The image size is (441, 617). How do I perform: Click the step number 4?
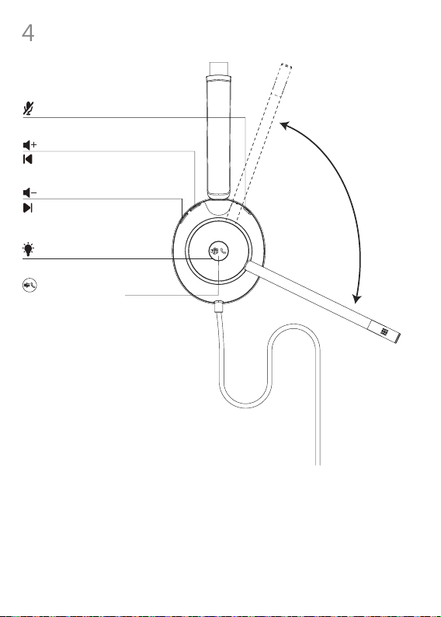[x=28, y=33]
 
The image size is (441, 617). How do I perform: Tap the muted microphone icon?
[x=29, y=108]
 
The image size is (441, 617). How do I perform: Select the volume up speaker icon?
[x=30, y=145]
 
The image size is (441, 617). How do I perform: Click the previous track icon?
[x=28, y=159]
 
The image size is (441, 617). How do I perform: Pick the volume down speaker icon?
[x=30, y=192]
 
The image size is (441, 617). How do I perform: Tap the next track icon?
[x=28, y=208]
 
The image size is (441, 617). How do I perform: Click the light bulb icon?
[x=29, y=249]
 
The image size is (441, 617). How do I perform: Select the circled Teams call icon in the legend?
[x=30, y=285]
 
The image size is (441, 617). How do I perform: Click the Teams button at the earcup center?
[x=218, y=251]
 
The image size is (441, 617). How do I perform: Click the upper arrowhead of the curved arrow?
[x=284, y=126]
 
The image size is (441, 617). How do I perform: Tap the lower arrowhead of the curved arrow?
[x=356, y=299]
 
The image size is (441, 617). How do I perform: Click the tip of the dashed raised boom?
[x=286, y=66]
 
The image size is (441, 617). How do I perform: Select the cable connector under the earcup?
[x=219, y=307]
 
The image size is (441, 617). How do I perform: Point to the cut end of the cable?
[x=318, y=465]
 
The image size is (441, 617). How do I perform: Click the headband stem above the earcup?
[x=218, y=136]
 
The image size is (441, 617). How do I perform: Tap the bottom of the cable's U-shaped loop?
[x=245, y=406]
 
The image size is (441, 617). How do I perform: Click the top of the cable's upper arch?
[x=293, y=326]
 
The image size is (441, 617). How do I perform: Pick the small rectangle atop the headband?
[x=218, y=68]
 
